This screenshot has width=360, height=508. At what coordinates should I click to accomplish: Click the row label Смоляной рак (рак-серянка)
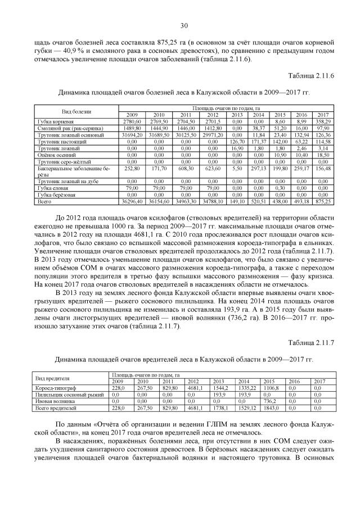pyautogui.click(x=63, y=129)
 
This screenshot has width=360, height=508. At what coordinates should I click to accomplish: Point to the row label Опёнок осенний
pyautogui.click(x=55, y=155)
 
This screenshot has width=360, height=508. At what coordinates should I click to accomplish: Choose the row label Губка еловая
pyautogui.click(x=51, y=188)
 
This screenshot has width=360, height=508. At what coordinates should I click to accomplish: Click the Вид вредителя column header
pyautogui.click(x=52, y=378)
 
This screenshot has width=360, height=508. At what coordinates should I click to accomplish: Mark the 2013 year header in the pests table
pyautogui.click(x=218, y=381)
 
